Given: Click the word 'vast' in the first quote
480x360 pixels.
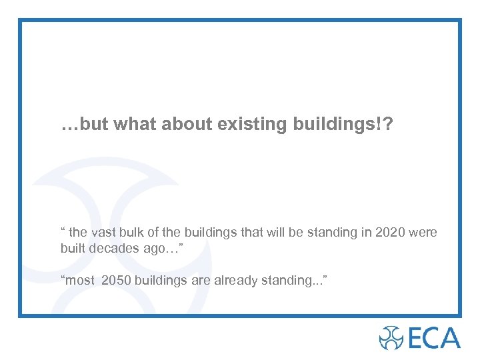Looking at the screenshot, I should click(x=103, y=233).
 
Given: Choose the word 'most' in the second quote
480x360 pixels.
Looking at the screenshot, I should click(x=81, y=281).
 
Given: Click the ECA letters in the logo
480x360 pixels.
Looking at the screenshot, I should click(x=433, y=337).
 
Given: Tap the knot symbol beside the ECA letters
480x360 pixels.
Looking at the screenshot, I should click(x=391, y=337).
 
